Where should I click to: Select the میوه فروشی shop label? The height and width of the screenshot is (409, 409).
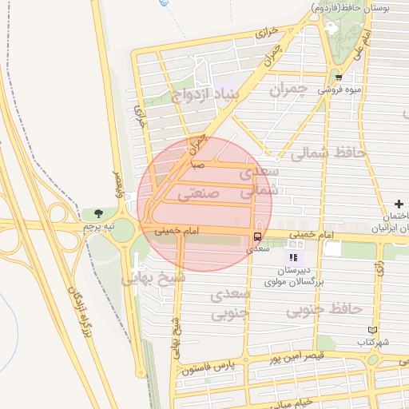(340, 90)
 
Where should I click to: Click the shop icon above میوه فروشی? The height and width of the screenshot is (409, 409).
(339, 77)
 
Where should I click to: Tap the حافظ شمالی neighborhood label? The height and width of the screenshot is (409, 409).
(328, 152)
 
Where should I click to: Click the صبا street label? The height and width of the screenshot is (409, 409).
(197, 165)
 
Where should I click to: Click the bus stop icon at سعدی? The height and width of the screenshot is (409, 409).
(257, 237)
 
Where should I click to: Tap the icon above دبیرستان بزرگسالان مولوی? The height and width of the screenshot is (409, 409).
(293, 257)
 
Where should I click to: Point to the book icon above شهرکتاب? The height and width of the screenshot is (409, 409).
(372, 330)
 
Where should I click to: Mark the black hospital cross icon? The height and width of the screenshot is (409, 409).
(399, 204)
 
